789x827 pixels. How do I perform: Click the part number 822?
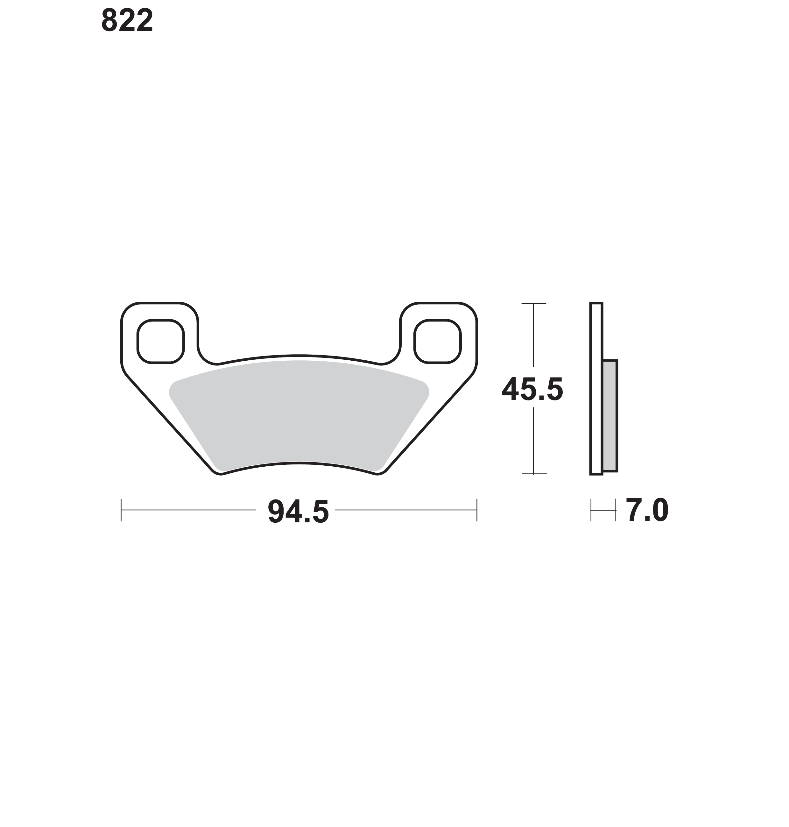tap(127, 21)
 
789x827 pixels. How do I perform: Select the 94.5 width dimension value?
tap(298, 512)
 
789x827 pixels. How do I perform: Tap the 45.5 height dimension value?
tap(532, 390)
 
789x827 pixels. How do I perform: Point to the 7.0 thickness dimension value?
tap(647, 511)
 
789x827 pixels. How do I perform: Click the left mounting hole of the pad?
tap(161, 341)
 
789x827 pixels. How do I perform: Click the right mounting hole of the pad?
tap(437, 341)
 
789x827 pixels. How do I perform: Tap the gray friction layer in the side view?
tap(610, 416)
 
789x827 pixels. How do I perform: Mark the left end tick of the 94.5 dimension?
tap(121, 510)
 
